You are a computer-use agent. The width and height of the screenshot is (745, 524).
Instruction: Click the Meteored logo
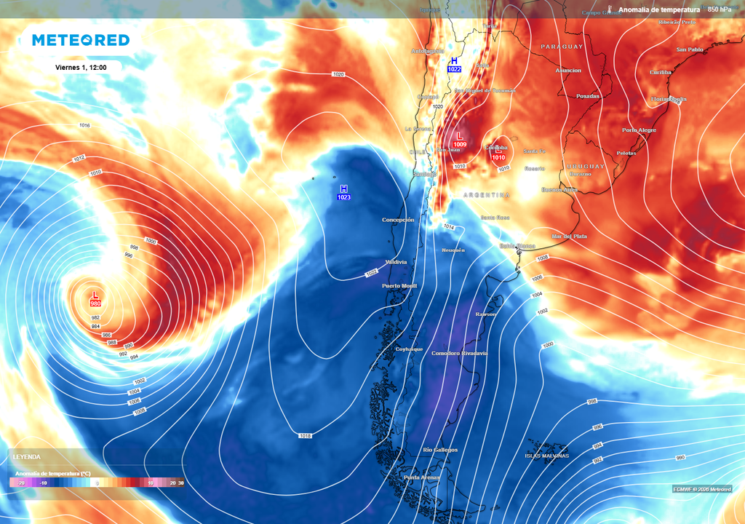(81, 40)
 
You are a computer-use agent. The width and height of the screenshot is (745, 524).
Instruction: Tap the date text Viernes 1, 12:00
(81, 67)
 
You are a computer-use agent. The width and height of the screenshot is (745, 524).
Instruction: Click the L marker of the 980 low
(95, 295)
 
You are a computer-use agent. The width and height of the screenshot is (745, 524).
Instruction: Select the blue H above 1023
(344, 188)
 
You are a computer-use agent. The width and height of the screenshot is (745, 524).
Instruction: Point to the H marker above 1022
(455, 60)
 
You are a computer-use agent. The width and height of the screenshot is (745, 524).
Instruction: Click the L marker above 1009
(460, 135)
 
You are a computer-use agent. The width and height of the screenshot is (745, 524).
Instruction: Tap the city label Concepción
(398, 219)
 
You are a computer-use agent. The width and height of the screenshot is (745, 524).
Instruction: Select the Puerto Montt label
(399, 286)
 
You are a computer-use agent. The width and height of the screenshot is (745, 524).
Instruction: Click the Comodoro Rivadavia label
(459, 353)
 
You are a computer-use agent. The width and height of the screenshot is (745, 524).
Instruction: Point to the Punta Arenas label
(422, 477)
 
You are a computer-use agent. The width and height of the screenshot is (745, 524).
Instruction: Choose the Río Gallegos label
(440, 450)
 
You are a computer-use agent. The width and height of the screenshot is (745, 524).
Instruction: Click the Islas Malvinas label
(546, 456)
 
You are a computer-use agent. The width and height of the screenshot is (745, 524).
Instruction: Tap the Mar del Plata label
(569, 237)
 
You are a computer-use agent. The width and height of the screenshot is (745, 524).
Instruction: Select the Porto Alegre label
(639, 130)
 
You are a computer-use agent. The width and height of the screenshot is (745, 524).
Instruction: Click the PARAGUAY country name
(562, 47)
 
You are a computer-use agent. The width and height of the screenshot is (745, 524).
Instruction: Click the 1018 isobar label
(306, 435)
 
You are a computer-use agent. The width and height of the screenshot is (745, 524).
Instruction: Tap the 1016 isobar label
(84, 125)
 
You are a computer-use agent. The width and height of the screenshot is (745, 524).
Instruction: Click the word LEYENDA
(26, 457)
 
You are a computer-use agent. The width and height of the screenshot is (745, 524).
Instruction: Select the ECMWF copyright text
(702, 489)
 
